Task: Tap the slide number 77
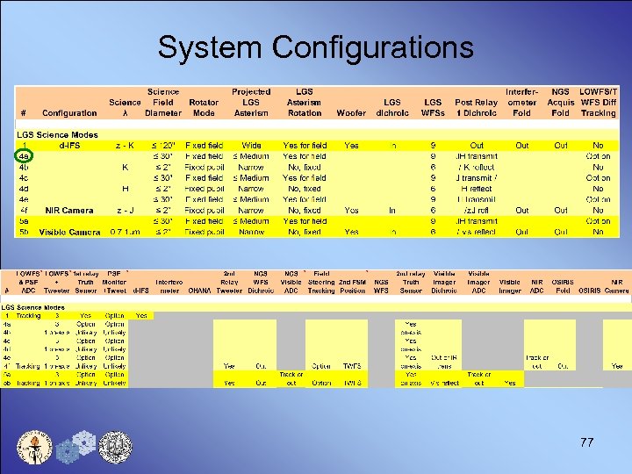tap(586, 442)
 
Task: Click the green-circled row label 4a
tap(25, 156)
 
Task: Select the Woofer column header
tap(351, 112)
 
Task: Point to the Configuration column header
tap(69, 112)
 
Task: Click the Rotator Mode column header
tap(204, 107)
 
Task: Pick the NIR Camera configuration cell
tap(69, 211)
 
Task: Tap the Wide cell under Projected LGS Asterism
tap(251, 146)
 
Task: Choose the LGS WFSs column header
tap(433, 107)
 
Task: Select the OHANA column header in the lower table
tap(201, 290)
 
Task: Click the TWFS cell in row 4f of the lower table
tap(352, 366)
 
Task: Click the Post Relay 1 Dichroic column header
tap(476, 107)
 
